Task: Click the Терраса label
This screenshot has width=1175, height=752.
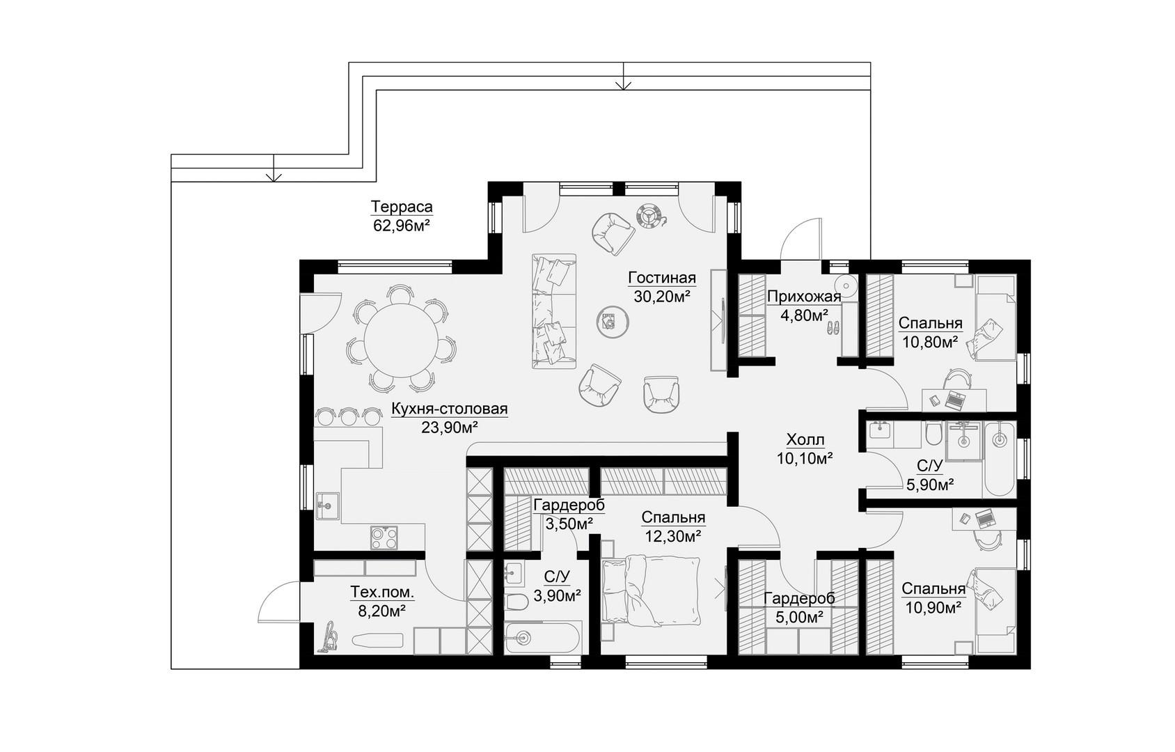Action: pyautogui.click(x=402, y=206)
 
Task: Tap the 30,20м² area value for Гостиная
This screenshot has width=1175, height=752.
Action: pyautogui.click(x=661, y=297)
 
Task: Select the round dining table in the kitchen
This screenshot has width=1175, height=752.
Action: pyautogui.click(x=401, y=340)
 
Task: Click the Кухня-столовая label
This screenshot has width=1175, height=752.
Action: pyautogui.click(x=450, y=408)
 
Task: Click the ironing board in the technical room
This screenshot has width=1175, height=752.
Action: pyautogui.click(x=377, y=640)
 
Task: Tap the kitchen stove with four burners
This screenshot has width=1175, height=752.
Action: pyautogui.click(x=384, y=538)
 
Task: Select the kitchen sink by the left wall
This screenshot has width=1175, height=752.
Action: pyautogui.click(x=327, y=506)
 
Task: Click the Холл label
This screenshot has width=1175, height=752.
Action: pyautogui.click(x=805, y=440)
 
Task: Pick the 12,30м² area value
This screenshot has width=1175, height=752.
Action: pyautogui.click(x=674, y=536)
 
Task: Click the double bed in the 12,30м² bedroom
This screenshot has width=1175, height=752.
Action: pyautogui.click(x=651, y=591)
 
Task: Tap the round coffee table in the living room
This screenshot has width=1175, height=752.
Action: pyautogui.click(x=613, y=322)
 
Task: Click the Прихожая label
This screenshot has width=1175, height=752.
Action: pyautogui.click(x=803, y=297)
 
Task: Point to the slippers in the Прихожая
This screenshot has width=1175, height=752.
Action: pyautogui.click(x=833, y=328)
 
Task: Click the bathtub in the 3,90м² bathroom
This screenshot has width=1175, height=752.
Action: pyautogui.click(x=542, y=638)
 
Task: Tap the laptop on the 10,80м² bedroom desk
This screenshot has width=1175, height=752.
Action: pyautogui.click(x=955, y=400)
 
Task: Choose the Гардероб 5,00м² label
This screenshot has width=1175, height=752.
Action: pyautogui.click(x=799, y=607)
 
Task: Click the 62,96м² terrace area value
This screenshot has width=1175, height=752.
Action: pyautogui.click(x=402, y=226)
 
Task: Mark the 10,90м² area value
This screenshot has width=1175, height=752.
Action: pyautogui.click(x=933, y=608)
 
